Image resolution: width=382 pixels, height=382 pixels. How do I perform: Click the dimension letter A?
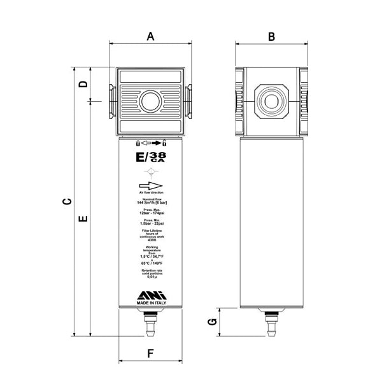151,36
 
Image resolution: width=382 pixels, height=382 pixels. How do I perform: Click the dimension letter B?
271,36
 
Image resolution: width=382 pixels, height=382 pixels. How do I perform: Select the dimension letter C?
67,202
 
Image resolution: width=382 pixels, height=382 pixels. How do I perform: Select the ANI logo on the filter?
152,294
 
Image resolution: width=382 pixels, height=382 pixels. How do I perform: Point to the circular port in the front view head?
152,101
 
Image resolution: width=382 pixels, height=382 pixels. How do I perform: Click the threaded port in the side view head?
271,99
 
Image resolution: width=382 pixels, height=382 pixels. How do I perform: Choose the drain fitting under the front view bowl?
152,325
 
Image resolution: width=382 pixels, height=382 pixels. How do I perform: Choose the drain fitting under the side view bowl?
271,325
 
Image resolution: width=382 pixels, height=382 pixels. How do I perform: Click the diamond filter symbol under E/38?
152,171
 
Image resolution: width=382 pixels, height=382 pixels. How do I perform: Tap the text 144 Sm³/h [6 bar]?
152,202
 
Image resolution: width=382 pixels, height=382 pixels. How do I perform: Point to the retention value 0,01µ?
152,278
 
